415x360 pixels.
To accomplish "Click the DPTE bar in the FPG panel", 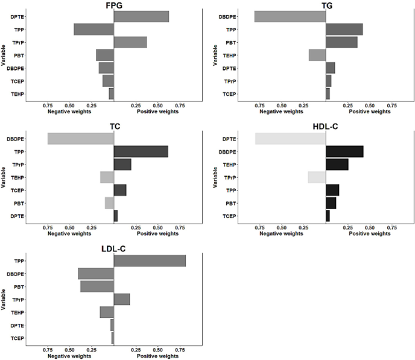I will (141, 17).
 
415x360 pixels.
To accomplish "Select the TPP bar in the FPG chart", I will (93, 29).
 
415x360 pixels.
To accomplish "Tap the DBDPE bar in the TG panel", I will (290, 17).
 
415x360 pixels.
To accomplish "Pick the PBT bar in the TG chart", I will (341, 42).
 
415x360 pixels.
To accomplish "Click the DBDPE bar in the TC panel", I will (80, 139).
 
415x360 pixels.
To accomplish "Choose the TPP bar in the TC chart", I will (141, 151).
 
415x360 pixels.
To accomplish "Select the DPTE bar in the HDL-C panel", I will (290, 139).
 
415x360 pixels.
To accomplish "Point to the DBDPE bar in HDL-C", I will (344, 151).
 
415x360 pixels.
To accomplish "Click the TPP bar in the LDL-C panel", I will (150, 261).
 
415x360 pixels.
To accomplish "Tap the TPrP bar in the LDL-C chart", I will (122, 299).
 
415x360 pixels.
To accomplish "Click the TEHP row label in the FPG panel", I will (17, 93).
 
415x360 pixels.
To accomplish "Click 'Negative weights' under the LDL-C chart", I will (69, 355).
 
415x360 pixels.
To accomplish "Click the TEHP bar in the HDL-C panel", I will (337, 165).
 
